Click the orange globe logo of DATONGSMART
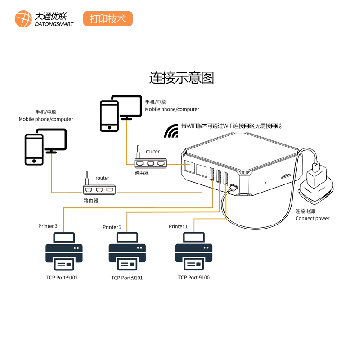click(23, 18)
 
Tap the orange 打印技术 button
click(108, 19)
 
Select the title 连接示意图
click(181, 78)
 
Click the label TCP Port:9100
click(194, 278)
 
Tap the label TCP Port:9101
click(127, 278)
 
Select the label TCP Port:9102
click(62, 278)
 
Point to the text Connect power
click(312, 219)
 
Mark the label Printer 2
click(112, 227)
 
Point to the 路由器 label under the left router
click(90, 201)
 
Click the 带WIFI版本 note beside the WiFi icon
click(231, 126)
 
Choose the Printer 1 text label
click(178, 226)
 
